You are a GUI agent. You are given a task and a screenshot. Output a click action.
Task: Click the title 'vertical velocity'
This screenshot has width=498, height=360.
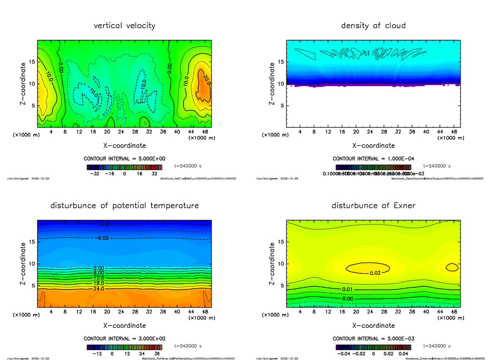pos(124,26)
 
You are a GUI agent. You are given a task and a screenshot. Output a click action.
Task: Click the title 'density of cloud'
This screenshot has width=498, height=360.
pos(373,26)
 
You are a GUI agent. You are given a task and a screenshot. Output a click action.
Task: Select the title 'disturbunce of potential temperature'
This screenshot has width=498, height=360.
pos(124,206)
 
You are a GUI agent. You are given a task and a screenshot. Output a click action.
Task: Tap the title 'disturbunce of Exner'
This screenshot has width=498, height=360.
pos(373,206)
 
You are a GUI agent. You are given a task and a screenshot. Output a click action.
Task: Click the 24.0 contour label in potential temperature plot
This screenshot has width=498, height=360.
pos(98,289)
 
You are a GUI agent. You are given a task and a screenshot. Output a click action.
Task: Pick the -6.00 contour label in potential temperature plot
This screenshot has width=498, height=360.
pos(101,238)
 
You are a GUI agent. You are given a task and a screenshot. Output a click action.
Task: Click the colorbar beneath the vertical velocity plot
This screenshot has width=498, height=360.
pos(124,167)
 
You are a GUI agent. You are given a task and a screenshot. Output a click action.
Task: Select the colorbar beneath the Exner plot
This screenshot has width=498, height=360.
pos(373,347)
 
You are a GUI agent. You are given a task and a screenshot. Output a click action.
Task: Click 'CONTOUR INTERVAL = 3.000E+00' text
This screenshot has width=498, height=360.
pos(124,338)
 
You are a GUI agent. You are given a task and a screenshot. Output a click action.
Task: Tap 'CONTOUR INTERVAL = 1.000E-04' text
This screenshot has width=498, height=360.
pos(373,158)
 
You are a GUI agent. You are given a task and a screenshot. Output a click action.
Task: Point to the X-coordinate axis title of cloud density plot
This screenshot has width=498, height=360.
pos(373,146)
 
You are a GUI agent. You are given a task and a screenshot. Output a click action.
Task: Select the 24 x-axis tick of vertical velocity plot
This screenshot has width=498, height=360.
pos(121,132)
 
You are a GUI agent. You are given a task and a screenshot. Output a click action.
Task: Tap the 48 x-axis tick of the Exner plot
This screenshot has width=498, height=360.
pos(454,312)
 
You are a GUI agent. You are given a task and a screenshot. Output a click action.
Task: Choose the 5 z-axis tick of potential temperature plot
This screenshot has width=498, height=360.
pos(33,285)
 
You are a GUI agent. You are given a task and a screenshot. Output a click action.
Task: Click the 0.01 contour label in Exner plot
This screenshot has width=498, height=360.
pos(347,289)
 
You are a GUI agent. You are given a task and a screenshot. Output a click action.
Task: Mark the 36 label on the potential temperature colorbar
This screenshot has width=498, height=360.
pos(157,354)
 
